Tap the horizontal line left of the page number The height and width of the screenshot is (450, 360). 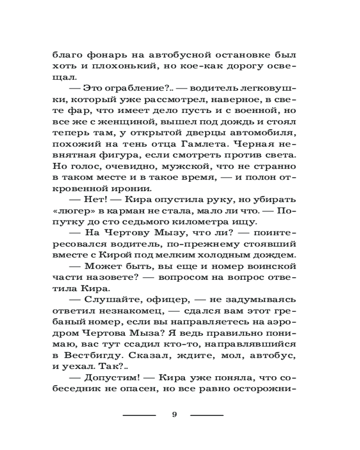click(x=139, y=415)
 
